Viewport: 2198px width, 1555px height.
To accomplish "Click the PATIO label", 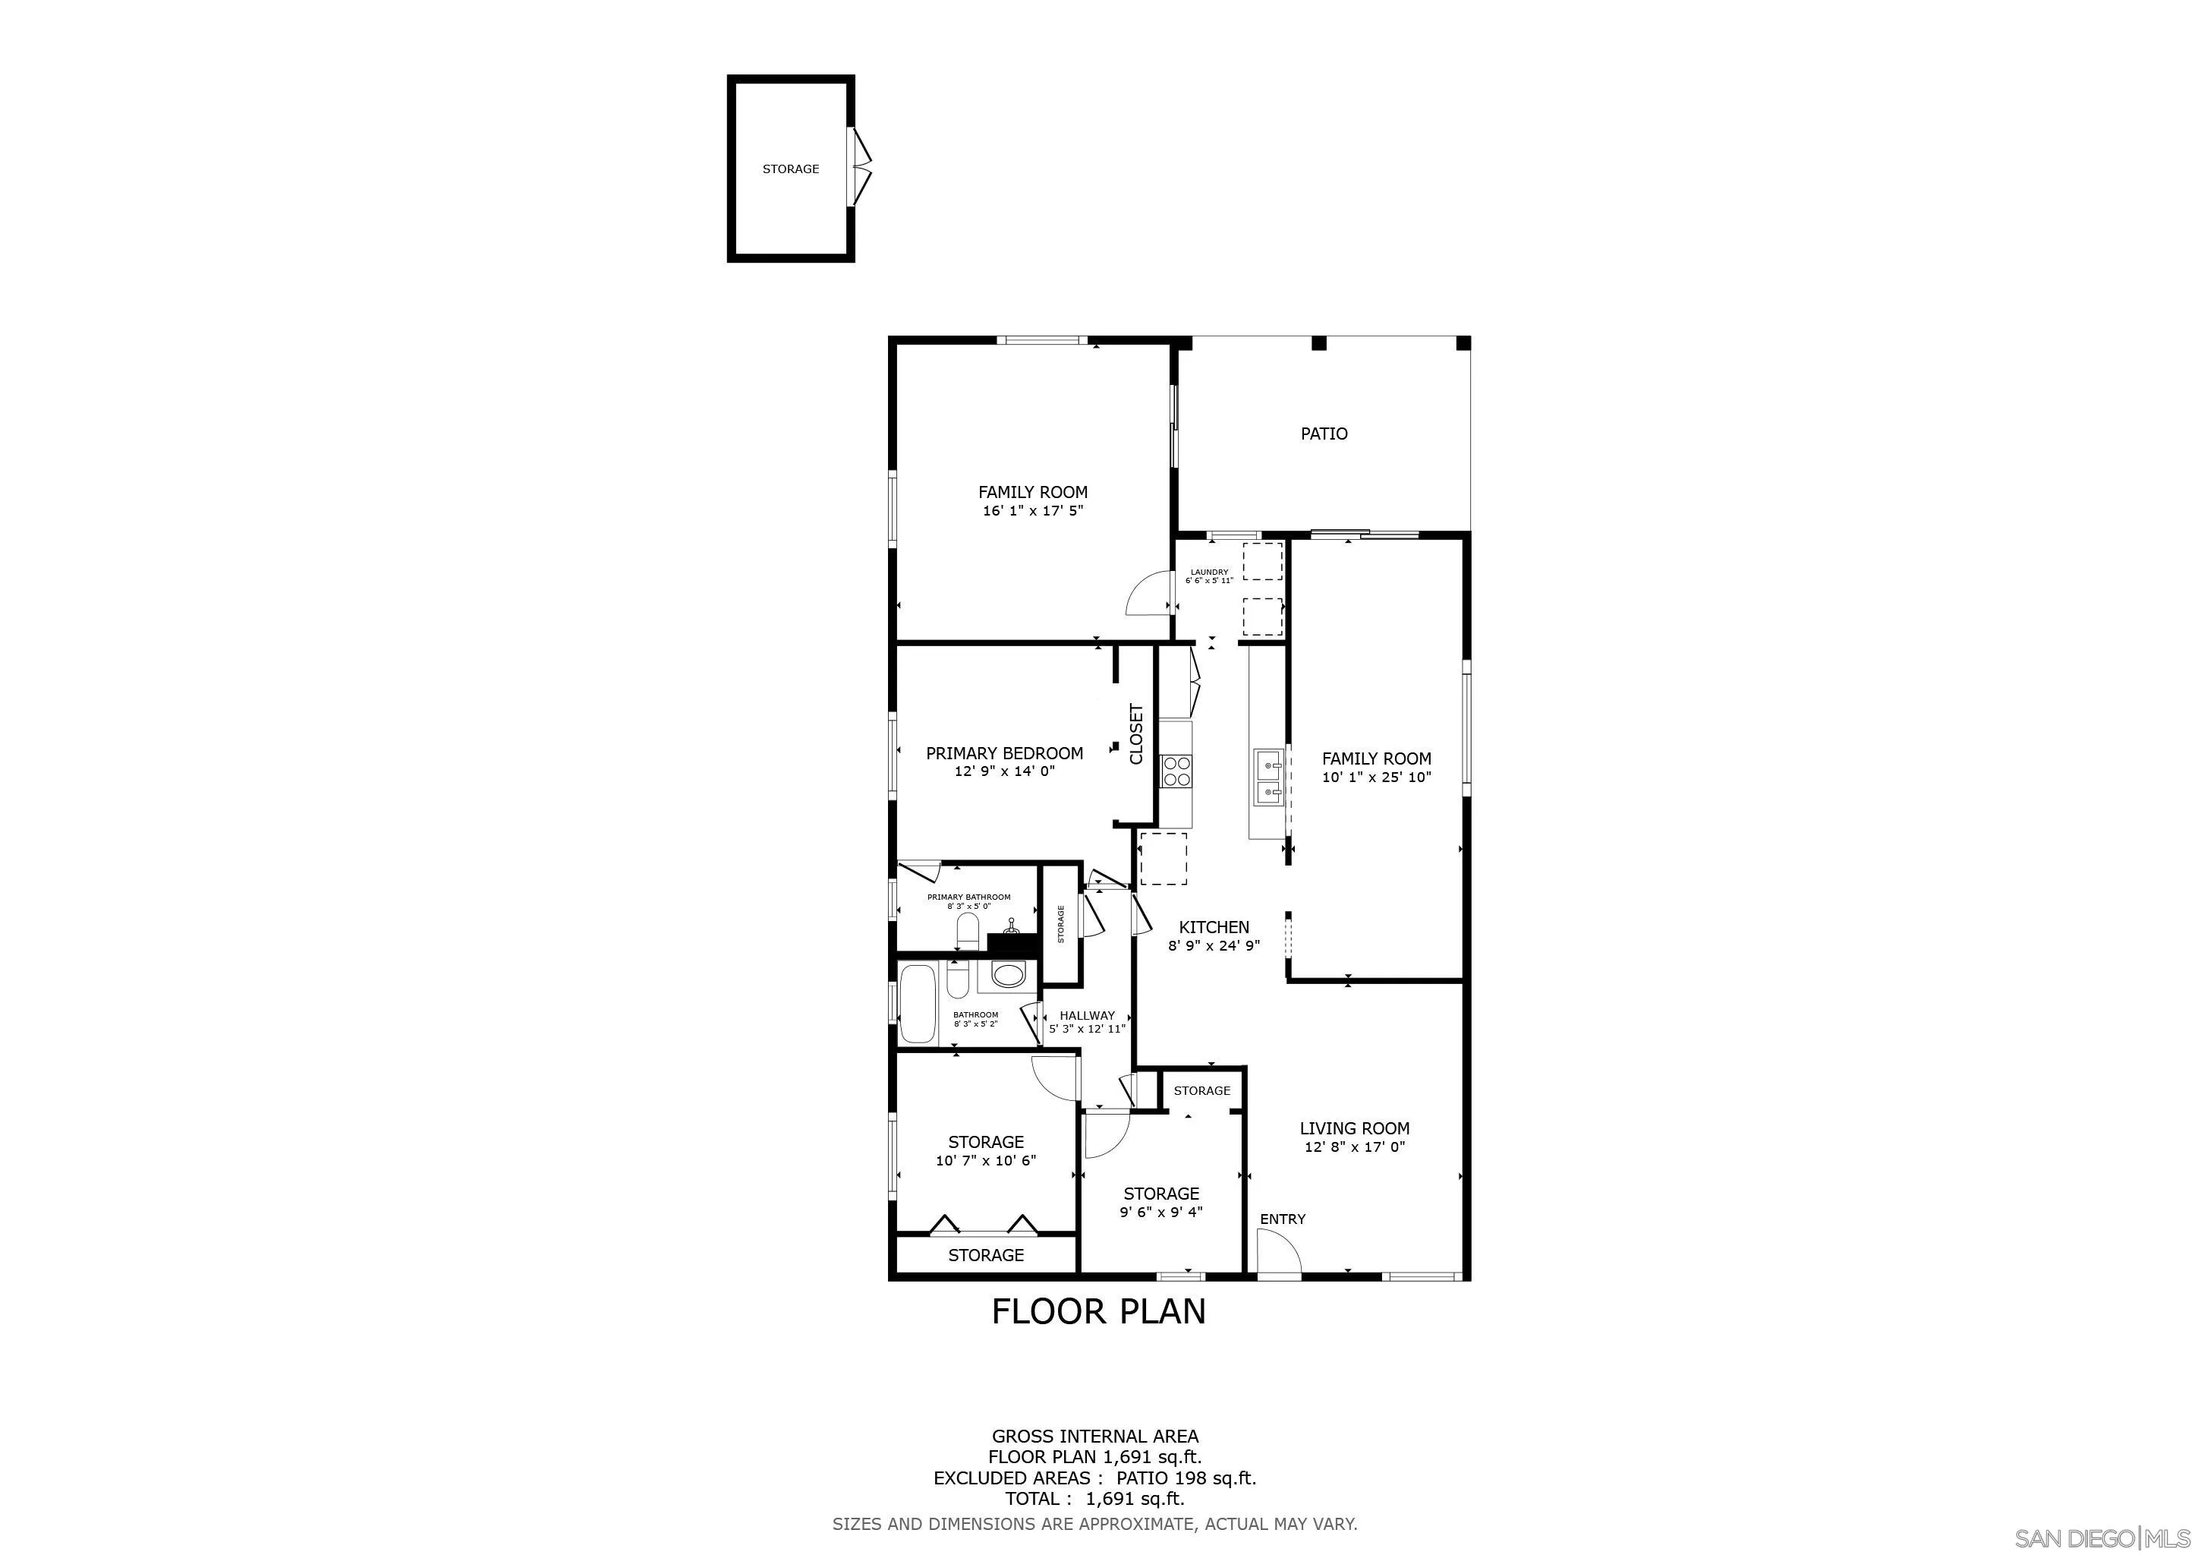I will click(1323, 434).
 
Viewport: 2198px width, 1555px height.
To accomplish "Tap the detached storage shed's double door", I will click(861, 169).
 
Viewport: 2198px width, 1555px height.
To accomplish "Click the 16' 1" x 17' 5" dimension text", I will click(1032, 511).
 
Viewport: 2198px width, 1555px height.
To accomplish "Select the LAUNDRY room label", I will click(1209, 572).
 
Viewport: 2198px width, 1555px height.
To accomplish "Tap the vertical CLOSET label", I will click(1136, 734).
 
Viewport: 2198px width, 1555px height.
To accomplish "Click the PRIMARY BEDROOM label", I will click(1004, 753).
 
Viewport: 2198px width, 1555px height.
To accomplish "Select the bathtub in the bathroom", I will click(918, 1004).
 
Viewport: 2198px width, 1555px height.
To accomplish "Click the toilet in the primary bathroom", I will click(967, 930).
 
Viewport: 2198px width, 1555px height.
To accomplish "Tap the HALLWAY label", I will click(1087, 1016).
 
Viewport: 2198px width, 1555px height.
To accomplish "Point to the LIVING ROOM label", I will click(1354, 1129).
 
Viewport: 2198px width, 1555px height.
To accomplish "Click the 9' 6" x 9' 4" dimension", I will click(1161, 1213).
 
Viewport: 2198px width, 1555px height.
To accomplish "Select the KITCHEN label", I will click(1213, 927).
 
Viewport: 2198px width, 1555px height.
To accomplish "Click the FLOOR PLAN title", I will click(1098, 1311).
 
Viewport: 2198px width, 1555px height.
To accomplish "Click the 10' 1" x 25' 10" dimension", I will click(1376, 777).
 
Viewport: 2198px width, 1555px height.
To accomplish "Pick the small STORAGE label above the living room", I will click(1201, 1090).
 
